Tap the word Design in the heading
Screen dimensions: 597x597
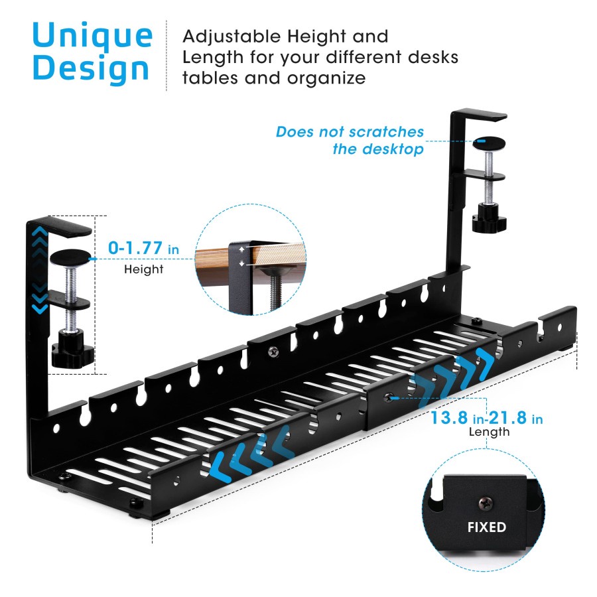[91, 69]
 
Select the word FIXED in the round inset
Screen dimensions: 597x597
[487, 527]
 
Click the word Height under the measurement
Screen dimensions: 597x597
[144, 269]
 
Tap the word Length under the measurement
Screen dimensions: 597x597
[489, 432]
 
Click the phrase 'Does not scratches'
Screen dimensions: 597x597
[350, 132]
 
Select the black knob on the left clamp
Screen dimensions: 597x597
[70, 348]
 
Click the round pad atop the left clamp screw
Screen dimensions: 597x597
[69, 256]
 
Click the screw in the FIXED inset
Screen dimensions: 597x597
[486, 502]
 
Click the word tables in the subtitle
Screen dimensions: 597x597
[210, 78]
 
